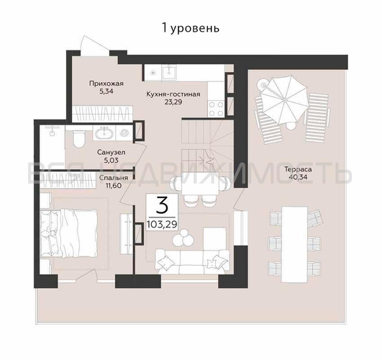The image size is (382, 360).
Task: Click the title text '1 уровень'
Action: click(x=191, y=28)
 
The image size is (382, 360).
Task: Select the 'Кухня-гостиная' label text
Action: click(x=173, y=94)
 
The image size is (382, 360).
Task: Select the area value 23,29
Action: click(x=173, y=103)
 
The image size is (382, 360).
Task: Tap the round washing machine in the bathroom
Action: click(x=124, y=132)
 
